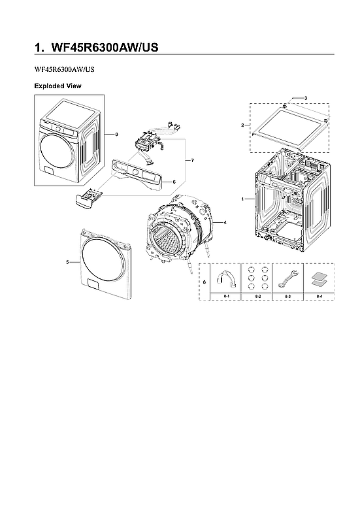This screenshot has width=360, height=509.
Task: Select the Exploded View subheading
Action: [x=57, y=86]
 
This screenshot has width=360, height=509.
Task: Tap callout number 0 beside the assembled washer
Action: [x=116, y=135]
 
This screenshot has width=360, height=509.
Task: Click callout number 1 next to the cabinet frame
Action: [x=243, y=198]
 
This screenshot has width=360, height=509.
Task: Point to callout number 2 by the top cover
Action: [x=242, y=125]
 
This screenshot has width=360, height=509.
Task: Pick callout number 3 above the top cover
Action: [x=305, y=97]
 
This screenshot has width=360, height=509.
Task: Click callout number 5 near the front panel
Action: [x=68, y=261]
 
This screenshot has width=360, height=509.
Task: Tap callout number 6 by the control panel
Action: [x=174, y=182]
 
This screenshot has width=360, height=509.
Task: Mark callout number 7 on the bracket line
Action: [x=192, y=159]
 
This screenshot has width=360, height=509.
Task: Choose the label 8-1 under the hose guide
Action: [x=226, y=297]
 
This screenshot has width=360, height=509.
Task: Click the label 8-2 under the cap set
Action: [x=257, y=297]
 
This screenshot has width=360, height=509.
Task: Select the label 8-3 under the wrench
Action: [x=287, y=297]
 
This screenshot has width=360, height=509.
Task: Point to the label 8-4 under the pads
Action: [x=319, y=297]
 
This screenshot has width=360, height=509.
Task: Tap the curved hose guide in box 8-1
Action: [x=226, y=278]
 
